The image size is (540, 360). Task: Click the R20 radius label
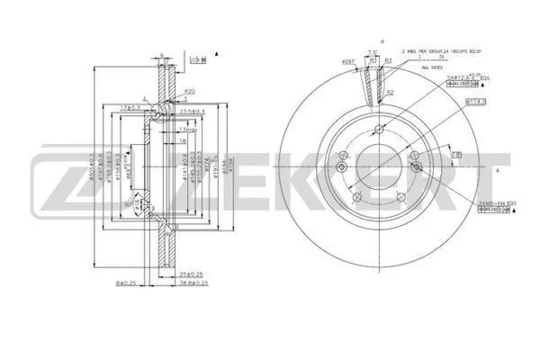point(189,92)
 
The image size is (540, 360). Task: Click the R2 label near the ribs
point(390,92)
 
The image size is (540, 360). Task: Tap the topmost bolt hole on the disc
point(381,127)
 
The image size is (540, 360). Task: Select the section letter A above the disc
point(382,41)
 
